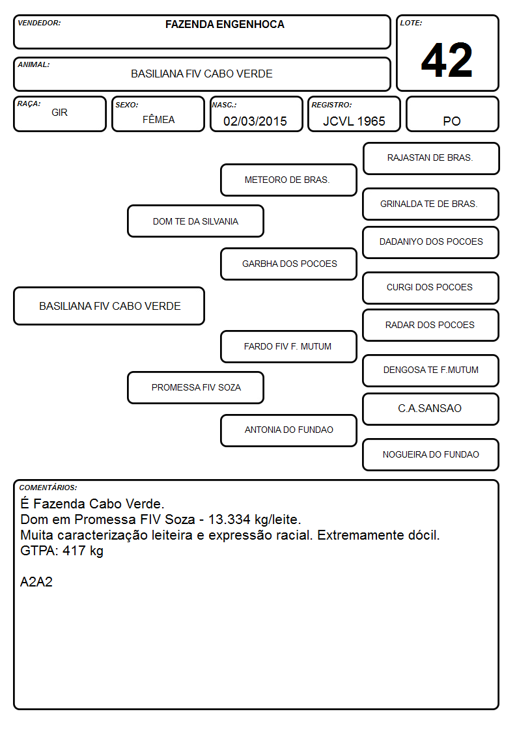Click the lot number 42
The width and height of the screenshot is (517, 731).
point(447,60)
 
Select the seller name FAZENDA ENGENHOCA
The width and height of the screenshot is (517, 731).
point(225,24)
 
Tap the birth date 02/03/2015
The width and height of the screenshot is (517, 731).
point(255,121)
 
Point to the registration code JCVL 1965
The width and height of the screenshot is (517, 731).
point(354,121)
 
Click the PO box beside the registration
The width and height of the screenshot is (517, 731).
point(452,114)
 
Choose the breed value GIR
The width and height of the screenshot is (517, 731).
point(59,113)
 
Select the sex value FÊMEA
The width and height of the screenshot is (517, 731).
point(158,119)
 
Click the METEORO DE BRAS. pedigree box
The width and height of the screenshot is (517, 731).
point(288,180)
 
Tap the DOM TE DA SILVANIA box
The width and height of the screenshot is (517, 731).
point(195,221)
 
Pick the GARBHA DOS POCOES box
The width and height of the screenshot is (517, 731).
point(288,264)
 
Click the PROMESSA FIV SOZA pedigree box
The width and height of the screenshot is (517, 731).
point(195,387)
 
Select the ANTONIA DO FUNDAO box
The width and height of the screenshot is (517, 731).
point(288,430)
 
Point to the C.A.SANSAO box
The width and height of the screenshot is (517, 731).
point(431,409)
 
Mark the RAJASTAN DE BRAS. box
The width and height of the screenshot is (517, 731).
point(431,159)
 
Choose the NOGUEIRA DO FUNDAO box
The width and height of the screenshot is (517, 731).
point(431,454)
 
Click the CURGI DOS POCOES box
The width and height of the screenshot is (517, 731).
point(431,288)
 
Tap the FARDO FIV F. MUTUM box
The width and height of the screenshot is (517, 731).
point(288,346)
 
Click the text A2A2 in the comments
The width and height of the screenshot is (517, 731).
point(36,582)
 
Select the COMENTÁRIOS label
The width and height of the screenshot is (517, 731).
point(48,488)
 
